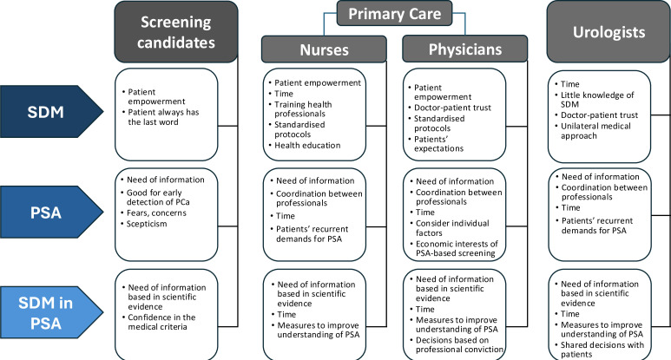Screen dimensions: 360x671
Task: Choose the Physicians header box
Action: [x=464, y=50]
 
